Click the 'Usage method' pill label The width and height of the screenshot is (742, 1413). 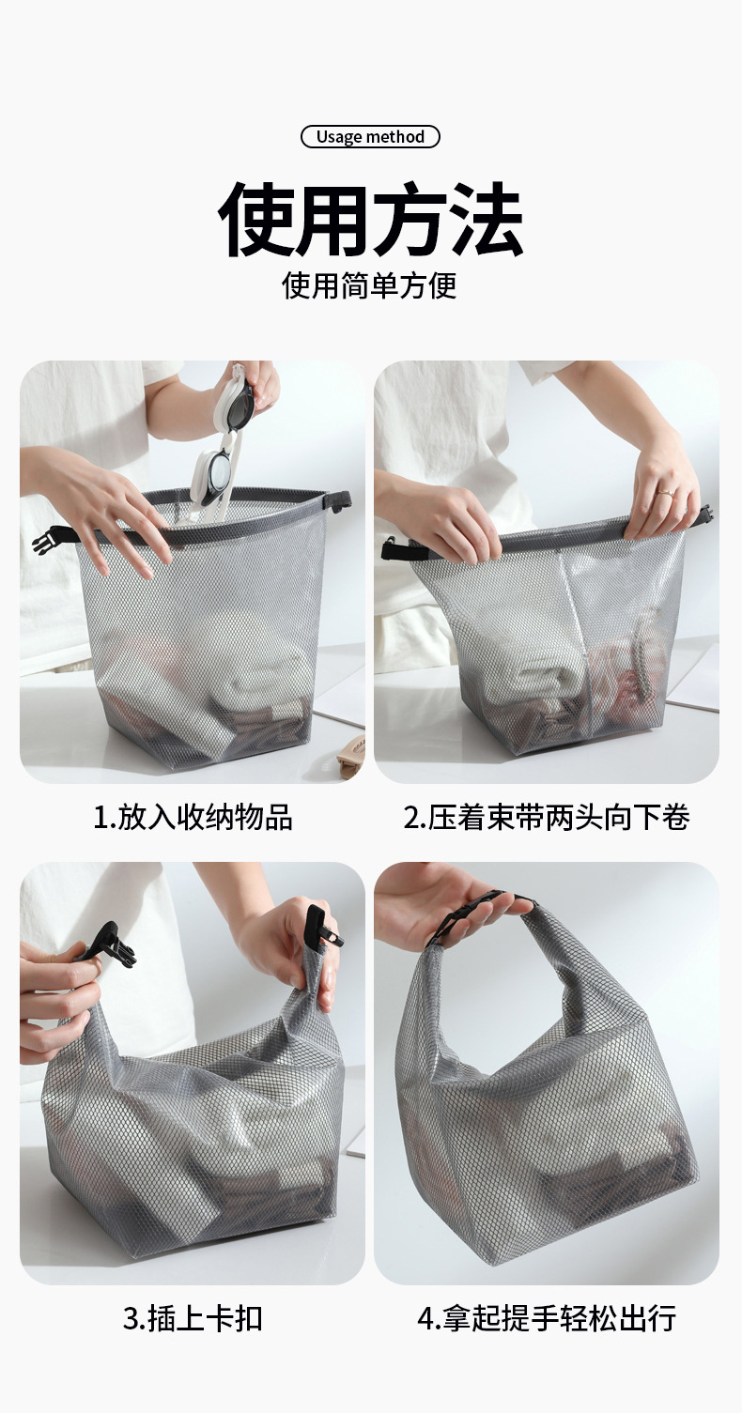pyautogui.click(x=370, y=137)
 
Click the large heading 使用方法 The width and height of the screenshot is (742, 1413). pyautogui.click(x=370, y=222)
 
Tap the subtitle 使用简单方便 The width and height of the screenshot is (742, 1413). pyautogui.click(x=370, y=284)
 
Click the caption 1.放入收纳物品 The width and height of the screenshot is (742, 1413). pyautogui.click(x=193, y=817)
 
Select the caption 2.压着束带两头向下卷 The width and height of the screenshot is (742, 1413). pyautogui.click(x=547, y=817)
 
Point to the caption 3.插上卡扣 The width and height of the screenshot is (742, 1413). pyautogui.click(x=193, y=1317)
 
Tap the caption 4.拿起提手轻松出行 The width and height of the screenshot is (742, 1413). pyautogui.click(x=547, y=1317)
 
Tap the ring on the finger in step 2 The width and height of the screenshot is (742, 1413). pyautogui.click(x=663, y=490)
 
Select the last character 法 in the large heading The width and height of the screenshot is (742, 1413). pyautogui.click(x=486, y=222)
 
